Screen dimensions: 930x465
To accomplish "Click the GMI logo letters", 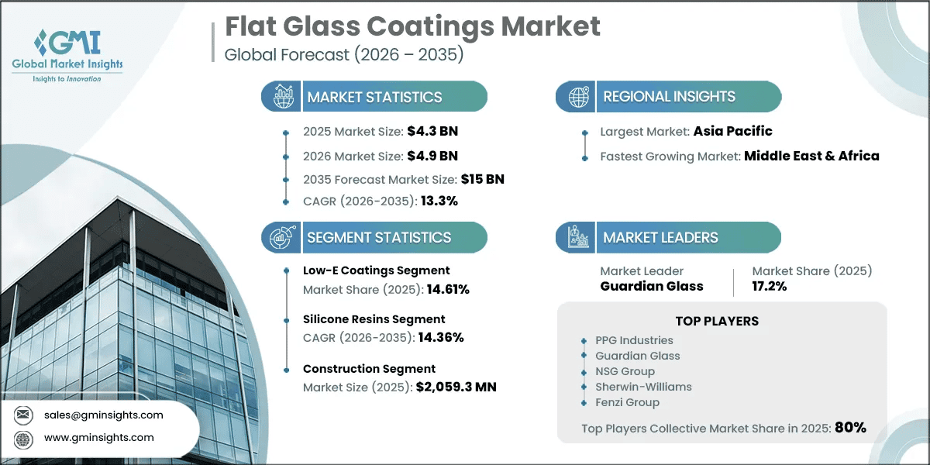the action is (x=67, y=43).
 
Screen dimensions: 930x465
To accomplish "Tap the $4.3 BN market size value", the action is (x=432, y=131).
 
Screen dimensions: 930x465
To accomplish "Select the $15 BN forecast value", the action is (x=482, y=179).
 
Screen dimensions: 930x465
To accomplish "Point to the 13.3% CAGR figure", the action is (x=439, y=201).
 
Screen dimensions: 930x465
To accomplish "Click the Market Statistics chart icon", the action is (x=283, y=96).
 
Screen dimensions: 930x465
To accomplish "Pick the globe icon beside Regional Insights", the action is (x=579, y=97).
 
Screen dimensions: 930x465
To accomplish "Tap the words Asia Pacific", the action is (x=733, y=131).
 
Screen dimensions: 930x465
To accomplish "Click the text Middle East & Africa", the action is (x=811, y=156).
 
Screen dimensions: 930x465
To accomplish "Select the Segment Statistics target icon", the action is (x=283, y=237).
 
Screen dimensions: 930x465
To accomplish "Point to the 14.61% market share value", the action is (x=448, y=289).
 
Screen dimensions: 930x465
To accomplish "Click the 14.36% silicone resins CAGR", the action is (x=441, y=338).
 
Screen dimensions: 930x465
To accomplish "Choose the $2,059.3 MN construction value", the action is (x=456, y=387).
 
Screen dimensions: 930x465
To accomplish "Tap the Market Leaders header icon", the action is (x=578, y=237).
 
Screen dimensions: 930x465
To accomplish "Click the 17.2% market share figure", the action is (x=770, y=286).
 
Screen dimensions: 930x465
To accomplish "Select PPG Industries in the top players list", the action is (x=634, y=340).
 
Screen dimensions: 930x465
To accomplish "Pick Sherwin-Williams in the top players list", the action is (x=643, y=387).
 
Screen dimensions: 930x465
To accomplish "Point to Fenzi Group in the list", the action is (x=627, y=402).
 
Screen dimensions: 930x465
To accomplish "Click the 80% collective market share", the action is (x=850, y=428).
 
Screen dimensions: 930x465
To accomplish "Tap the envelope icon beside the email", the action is (x=23, y=415).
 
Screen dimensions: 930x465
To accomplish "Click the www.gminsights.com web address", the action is (x=99, y=438).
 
